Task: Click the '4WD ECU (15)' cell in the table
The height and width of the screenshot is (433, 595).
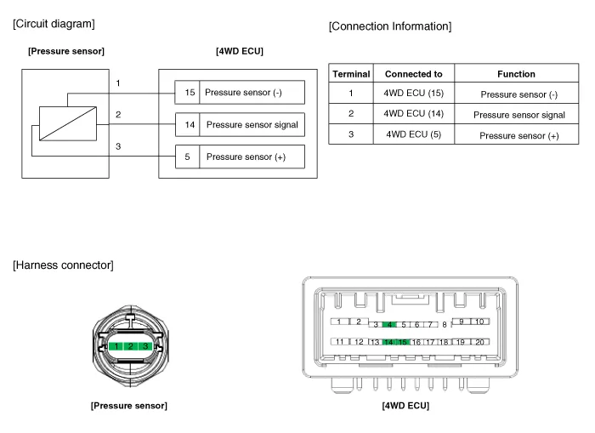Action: (x=413, y=94)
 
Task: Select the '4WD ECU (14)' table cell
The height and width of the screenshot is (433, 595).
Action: (x=413, y=114)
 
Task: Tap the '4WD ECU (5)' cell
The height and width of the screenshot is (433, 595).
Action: (x=413, y=134)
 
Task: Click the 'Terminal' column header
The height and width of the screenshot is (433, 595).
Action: (x=350, y=74)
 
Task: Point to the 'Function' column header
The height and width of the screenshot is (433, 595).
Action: (x=515, y=74)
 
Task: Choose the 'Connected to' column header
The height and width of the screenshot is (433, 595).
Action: (x=413, y=74)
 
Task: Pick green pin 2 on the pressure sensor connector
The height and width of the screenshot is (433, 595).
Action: (x=130, y=347)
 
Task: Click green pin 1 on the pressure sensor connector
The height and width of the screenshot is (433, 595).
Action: (x=115, y=347)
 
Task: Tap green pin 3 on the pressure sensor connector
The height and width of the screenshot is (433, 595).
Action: (x=145, y=347)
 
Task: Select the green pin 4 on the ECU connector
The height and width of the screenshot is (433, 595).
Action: (x=389, y=324)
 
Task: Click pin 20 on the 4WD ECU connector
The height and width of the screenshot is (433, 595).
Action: (x=479, y=342)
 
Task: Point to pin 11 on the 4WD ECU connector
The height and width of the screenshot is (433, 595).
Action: (x=340, y=342)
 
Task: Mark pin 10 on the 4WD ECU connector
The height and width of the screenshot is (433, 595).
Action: (x=479, y=322)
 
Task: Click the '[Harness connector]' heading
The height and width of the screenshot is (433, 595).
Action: (x=63, y=265)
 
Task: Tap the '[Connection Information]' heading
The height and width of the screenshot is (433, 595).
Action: (x=389, y=26)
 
